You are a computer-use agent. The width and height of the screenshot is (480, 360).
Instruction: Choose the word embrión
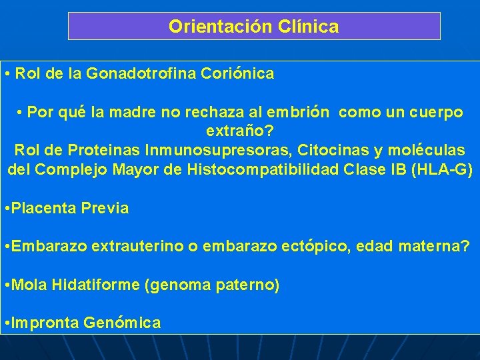299,113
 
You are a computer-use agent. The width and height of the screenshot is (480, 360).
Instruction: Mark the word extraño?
239,131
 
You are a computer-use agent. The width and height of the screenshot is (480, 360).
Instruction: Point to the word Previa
105,208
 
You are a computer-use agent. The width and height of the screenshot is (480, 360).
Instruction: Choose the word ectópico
315,247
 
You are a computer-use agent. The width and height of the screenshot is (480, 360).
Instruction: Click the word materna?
434,247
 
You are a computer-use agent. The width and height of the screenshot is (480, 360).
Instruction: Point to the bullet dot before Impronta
6,323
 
